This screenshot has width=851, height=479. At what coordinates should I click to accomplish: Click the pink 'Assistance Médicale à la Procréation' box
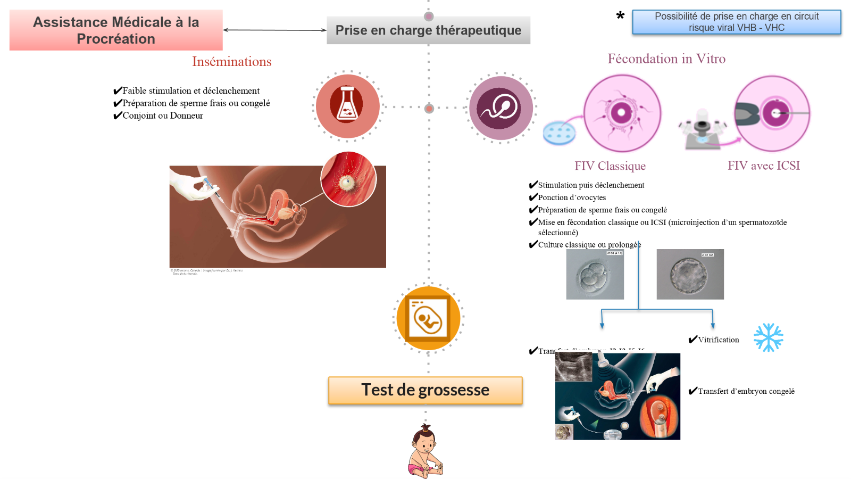click(116, 30)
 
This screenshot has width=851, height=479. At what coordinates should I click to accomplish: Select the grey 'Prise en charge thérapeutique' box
click(428, 30)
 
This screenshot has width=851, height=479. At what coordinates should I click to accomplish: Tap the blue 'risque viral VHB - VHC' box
click(737, 22)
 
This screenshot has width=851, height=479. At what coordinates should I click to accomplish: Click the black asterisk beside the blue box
click(620, 16)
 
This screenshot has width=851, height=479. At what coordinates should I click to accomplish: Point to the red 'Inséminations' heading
click(231, 62)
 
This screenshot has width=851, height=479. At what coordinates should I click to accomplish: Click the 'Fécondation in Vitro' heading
click(666, 59)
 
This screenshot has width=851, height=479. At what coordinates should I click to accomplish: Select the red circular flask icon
click(347, 105)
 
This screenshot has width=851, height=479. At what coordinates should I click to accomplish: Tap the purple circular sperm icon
click(500, 108)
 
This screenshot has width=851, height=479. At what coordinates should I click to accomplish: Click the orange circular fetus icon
click(429, 318)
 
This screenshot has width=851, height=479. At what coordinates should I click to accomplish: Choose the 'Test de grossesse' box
click(425, 390)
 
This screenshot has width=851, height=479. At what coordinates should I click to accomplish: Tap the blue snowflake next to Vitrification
click(768, 337)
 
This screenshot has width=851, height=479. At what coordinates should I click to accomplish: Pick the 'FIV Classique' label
click(610, 166)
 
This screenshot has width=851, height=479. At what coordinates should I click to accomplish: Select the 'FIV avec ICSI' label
click(764, 166)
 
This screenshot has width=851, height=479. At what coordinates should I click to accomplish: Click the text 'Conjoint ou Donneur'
click(163, 115)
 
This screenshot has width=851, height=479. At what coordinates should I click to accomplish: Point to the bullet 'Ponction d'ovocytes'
click(572, 197)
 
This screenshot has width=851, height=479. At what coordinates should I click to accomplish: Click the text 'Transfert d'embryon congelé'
click(746, 391)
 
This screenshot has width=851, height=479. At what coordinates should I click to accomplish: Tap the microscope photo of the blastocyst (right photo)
click(690, 274)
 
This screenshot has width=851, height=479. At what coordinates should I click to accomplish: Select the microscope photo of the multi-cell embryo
click(595, 274)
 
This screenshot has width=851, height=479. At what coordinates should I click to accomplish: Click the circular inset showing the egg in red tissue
click(348, 179)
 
